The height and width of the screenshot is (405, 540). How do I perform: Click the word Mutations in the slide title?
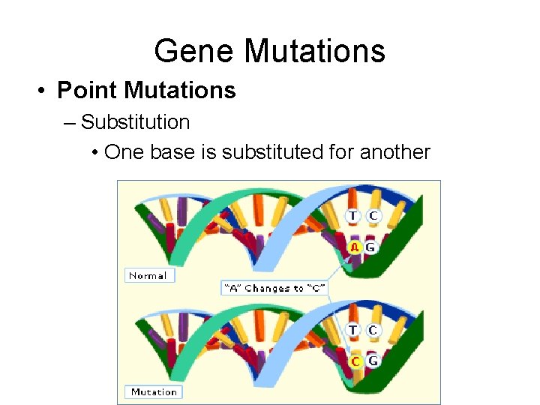(314, 52)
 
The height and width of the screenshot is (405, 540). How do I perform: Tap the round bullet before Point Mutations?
(44, 91)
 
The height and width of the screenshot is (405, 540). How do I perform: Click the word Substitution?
(135, 121)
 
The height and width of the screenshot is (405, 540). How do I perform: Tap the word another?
(395, 152)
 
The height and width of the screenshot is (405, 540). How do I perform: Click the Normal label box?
(148, 275)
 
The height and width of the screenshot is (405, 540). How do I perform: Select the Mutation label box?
(153, 391)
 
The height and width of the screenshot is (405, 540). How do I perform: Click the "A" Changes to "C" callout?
(274, 288)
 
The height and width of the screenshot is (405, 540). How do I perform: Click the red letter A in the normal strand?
(355, 247)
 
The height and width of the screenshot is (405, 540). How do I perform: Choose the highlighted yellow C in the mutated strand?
(356, 361)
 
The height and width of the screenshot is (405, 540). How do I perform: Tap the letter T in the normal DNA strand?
(352, 216)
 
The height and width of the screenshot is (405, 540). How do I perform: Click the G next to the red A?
(370, 247)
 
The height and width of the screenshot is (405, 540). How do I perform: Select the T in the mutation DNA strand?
(352, 330)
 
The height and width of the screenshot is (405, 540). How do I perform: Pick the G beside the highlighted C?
(372, 361)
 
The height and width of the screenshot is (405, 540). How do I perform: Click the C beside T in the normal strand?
(373, 216)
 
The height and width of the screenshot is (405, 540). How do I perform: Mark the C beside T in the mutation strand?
(373, 330)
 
